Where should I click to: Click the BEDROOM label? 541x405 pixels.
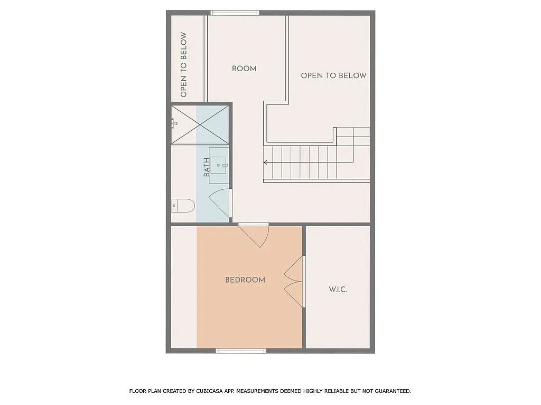(x=245, y=280)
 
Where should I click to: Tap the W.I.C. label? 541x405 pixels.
(x=338, y=290)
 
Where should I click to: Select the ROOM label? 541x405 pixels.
(x=244, y=69)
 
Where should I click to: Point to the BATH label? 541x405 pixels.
(x=207, y=167)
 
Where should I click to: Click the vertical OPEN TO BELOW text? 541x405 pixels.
(x=184, y=65)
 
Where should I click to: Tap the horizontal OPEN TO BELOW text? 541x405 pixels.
(x=333, y=75)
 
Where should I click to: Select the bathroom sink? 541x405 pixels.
(x=219, y=165)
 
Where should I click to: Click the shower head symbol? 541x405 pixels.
(x=173, y=123)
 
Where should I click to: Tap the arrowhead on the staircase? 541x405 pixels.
(x=266, y=163)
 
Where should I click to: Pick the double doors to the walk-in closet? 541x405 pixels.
(x=295, y=282)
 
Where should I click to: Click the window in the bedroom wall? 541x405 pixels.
(x=241, y=351)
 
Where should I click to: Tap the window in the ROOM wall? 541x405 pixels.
(x=235, y=13)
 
